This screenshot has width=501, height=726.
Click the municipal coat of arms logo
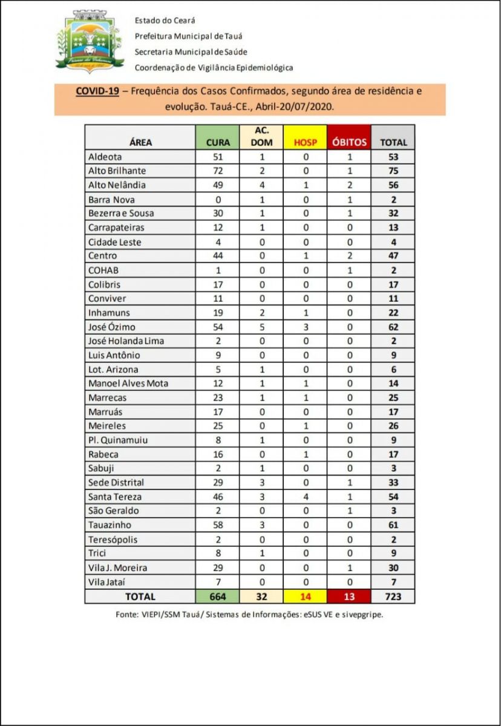coord(90,41)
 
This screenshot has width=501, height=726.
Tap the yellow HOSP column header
coord(306,143)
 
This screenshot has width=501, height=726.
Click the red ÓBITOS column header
coord(349,143)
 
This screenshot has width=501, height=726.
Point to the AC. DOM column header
coord(261,137)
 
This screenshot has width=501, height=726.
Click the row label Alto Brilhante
coord(117,171)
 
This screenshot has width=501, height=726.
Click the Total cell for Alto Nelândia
coord(393,185)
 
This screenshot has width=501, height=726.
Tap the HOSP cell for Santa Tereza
coord(306,497)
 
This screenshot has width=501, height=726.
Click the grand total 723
coord(393,597)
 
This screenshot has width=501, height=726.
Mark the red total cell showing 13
coord(349,597)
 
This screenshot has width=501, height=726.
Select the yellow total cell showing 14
coord(306,597)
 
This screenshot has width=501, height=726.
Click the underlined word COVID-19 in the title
coord(97,92)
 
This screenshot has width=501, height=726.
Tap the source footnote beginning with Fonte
coord(249,613)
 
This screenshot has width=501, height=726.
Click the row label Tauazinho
coord(110,525)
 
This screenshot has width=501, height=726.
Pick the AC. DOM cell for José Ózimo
coord(261,327)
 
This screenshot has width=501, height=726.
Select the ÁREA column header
coord(140,143)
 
